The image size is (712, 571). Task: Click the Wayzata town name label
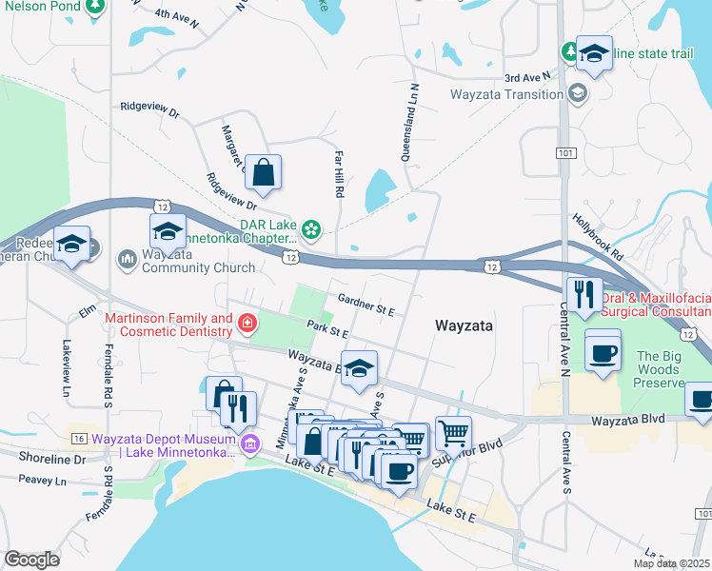(x=464, y=325)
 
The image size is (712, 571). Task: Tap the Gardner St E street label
(x=365, y=305)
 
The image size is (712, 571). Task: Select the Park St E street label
(x=327, y=328)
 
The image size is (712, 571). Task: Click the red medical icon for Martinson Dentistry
(x=247, y=324)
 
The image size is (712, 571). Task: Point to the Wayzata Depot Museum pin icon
(x=250, y=443)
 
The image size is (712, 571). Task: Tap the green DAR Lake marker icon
(x=310, y=229)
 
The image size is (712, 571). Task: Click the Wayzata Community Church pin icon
(x=128, y=259)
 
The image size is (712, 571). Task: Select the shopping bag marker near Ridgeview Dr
(x=264, y=173)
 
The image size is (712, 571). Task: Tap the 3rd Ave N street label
(x=528, y=77)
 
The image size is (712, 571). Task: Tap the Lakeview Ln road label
(x=67, y=369)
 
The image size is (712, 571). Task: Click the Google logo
(x=31, y=560)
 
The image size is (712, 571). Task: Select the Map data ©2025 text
(x=671, y=563)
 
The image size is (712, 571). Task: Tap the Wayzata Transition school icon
(x=577, y=93)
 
